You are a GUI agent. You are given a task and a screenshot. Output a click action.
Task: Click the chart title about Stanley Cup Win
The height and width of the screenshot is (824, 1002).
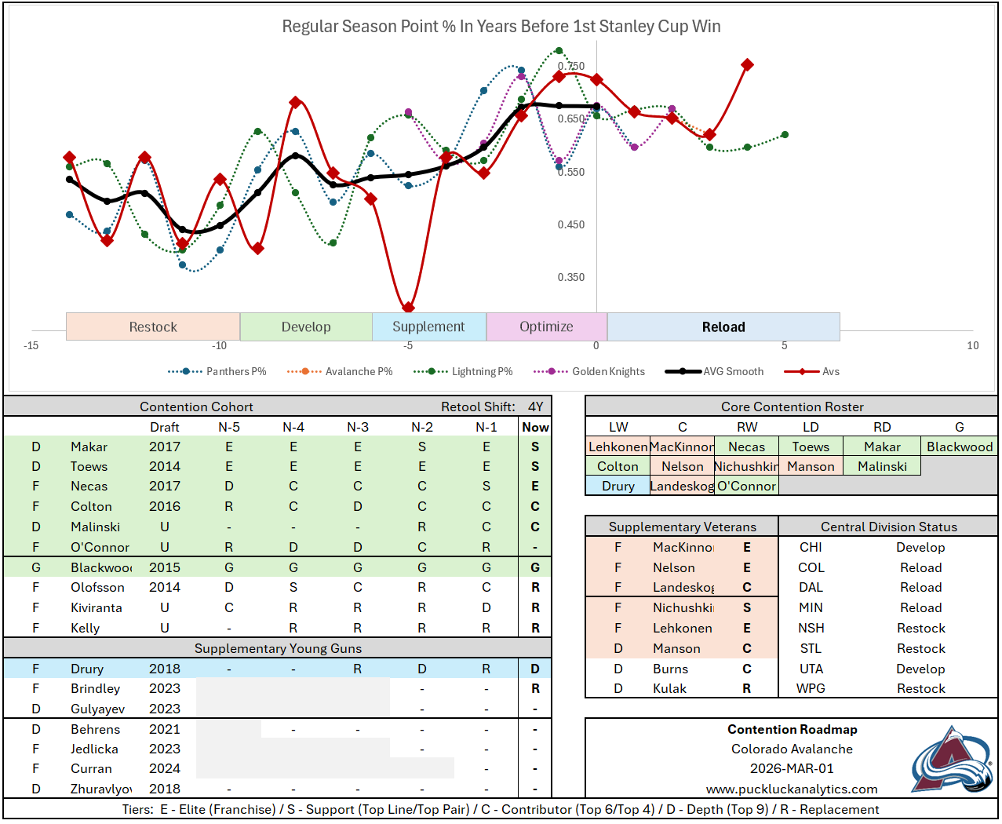click(x=501, y=27)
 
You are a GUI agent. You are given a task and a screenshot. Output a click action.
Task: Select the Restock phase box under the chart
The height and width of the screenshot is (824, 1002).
click(x=153, y=326)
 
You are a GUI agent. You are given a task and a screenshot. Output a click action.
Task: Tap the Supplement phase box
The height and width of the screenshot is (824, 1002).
click(x=428, y=326)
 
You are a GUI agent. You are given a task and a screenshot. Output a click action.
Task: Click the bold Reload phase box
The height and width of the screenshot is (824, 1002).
click(x=723, y=326)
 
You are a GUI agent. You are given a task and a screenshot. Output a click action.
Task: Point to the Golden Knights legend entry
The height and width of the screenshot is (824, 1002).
click(x=608, y=371)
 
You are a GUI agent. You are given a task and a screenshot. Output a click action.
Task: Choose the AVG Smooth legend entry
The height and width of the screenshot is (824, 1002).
click(x=733, y=371)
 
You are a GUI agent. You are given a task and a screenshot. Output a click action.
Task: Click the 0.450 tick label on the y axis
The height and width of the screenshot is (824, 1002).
click(x=571, y=224)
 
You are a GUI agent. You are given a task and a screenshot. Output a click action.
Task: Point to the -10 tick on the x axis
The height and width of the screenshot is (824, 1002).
click(x=219, y=345)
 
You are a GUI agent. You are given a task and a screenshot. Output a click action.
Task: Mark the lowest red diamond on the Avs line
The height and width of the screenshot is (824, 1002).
click(x=408, y=308)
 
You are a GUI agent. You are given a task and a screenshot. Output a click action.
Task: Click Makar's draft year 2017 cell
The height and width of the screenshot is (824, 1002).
click(x=165, y=447)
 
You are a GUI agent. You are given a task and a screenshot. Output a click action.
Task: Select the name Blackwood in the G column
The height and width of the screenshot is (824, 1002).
click(x=959, y=447)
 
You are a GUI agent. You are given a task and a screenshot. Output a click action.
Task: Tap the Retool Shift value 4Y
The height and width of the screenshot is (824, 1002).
click(x=535, y=407)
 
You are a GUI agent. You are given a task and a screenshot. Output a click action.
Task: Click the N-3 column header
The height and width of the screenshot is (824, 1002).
click(x=358, y=427)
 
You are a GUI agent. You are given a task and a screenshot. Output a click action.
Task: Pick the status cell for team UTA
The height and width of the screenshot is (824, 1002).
click(x=920, y=669)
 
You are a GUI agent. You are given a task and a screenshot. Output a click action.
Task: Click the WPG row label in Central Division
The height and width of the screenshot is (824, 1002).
click(x=811, y=688)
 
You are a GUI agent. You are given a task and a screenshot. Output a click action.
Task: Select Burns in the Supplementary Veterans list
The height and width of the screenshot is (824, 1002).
click(x=670, y=669)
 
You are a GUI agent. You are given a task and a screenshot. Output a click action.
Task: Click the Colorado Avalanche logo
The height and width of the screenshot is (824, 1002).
click(x=951, y=759)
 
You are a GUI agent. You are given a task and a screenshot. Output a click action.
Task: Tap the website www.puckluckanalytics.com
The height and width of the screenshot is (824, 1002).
click(x=792, y=789)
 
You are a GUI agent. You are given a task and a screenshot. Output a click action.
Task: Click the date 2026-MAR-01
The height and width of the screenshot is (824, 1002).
click(x=792, y=768)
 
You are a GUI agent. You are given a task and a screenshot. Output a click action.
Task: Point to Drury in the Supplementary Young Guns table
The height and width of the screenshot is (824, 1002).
click(x=87, y=669)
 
